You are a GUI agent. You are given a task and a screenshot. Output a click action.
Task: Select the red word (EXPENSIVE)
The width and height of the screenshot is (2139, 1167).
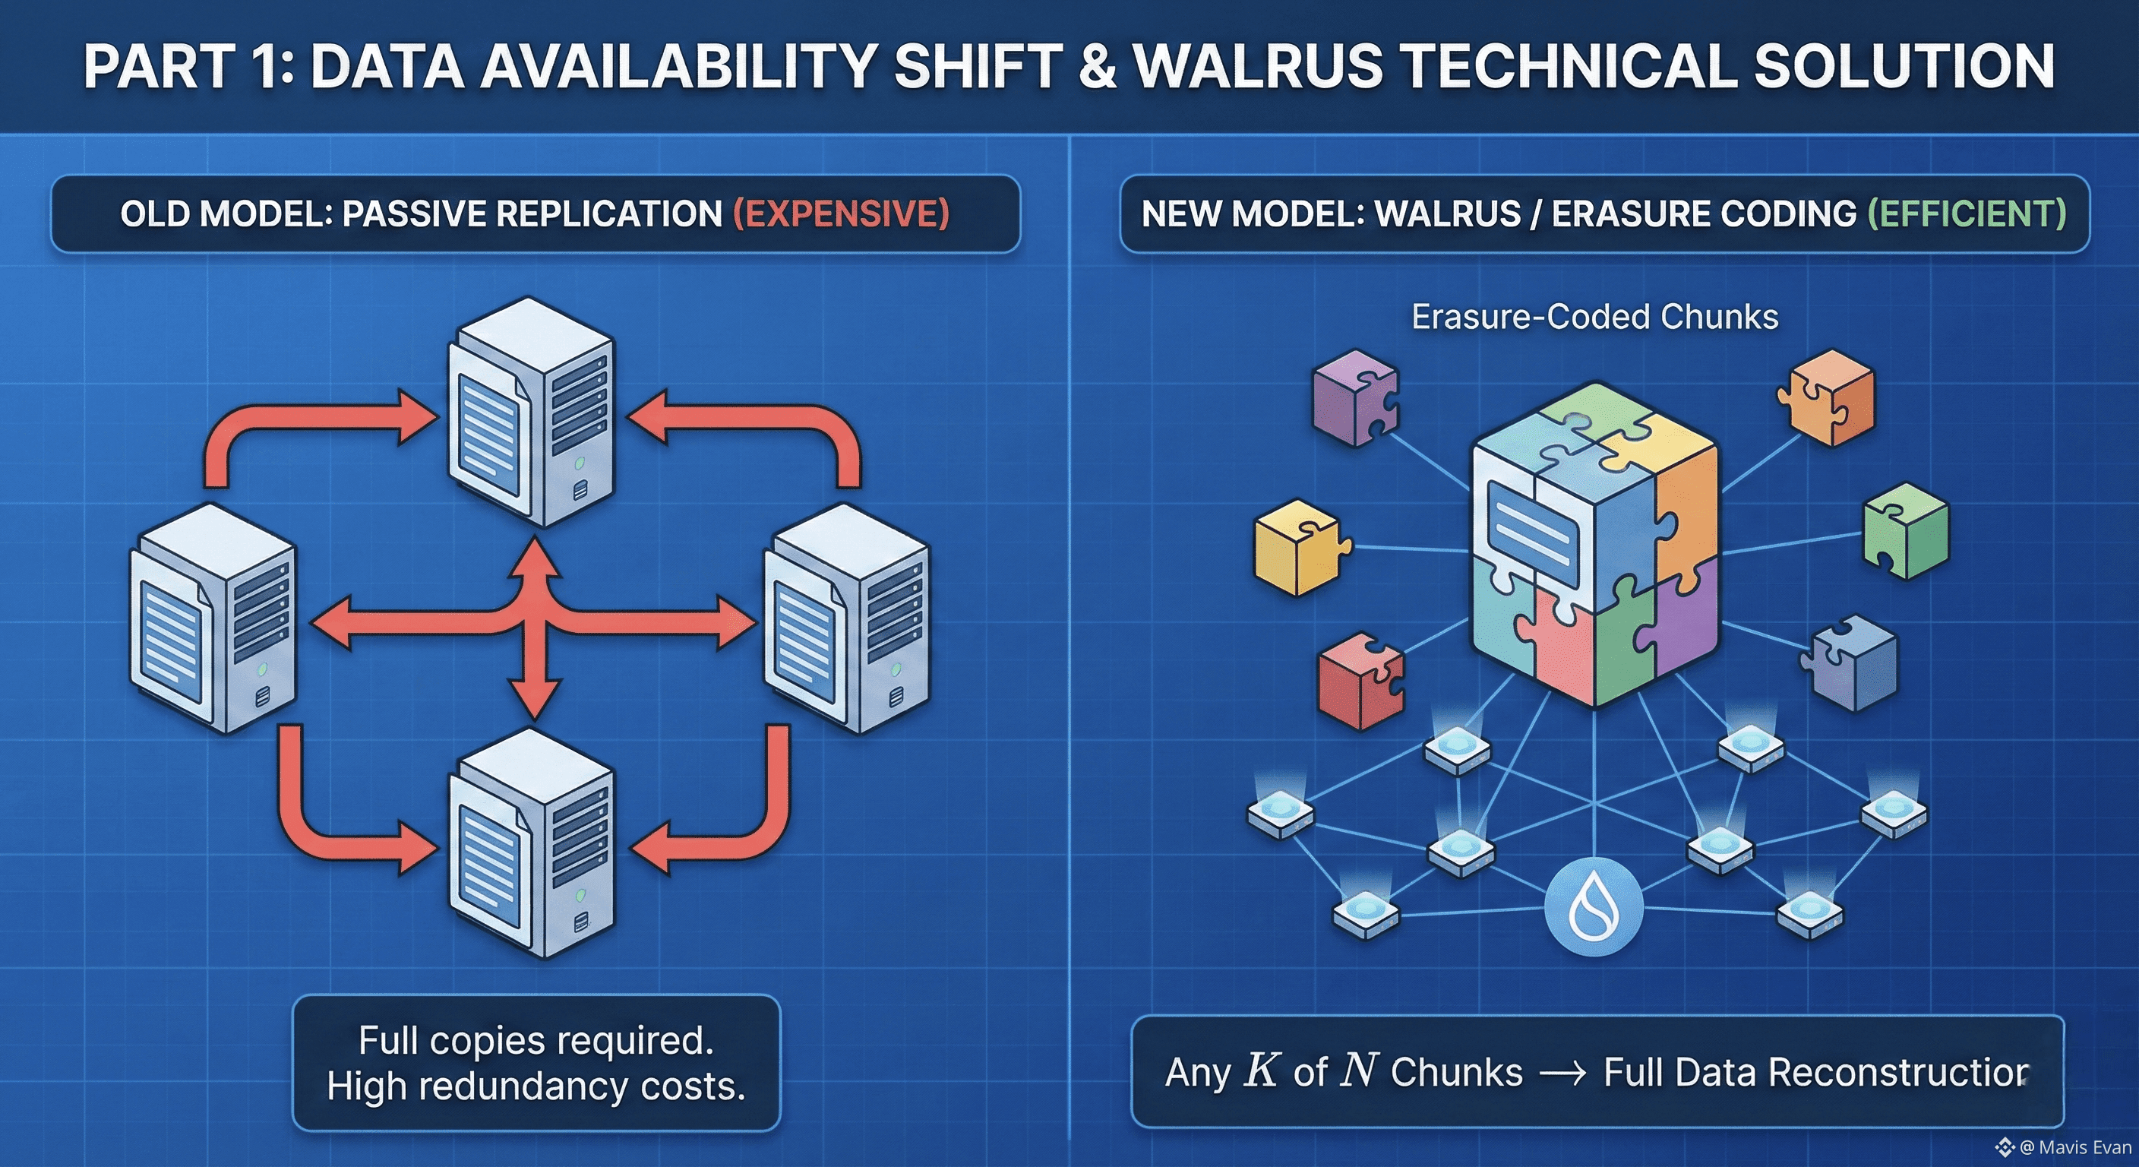click(x=841, y=213)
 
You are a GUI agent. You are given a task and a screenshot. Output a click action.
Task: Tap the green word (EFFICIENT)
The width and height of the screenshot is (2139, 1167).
click(x=1967, y=213)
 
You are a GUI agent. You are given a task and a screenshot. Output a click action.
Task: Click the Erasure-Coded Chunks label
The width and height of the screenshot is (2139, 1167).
click(x=1594, y=317)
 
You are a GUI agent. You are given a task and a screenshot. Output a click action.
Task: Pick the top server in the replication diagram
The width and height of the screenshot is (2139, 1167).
click(x=532, y=411)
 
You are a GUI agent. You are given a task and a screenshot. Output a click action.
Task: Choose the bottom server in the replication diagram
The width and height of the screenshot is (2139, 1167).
click(x=532, y=843)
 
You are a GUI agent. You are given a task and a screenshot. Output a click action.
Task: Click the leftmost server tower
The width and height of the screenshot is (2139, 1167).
click(x=213, y=618)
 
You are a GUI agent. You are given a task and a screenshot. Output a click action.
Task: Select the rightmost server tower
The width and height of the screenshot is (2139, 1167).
click(x=847, y=618)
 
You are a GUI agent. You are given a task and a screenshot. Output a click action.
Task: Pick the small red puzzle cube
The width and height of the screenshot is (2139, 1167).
click(x=1360, y=680)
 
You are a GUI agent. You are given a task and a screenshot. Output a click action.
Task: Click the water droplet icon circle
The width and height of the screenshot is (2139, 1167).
click(x=1594, y=907)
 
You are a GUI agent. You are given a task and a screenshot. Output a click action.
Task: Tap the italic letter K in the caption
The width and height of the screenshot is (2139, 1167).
click(x=1260, y=1071)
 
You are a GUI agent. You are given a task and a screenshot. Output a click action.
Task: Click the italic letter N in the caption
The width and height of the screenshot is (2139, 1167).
click(x=1360, y=1071)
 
